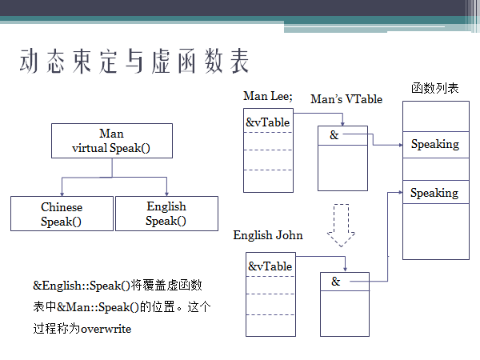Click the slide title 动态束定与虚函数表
134,62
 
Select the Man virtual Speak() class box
111,141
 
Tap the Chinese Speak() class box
62,214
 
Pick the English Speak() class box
166,214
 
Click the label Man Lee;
267,96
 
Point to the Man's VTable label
346,99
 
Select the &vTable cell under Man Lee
267,122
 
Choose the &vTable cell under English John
270,266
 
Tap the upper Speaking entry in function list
434,144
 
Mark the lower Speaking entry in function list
434,193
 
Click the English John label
268,236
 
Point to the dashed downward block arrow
342,225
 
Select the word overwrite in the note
106,329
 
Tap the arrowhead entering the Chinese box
62,192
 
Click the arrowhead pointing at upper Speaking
398,145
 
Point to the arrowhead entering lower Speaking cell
398,193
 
